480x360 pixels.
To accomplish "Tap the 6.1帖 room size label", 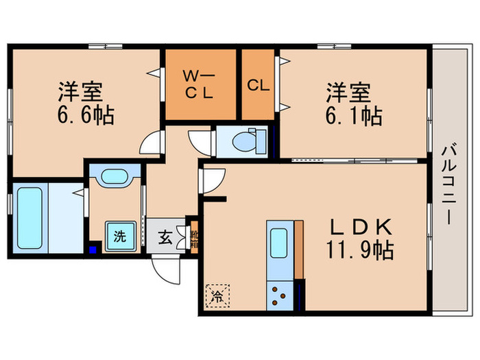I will coord(354,113).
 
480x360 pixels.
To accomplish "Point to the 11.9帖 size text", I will coord(359,251).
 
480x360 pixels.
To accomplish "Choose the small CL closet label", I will coord(258,85).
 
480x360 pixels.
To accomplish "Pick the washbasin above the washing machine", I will coord(114,178).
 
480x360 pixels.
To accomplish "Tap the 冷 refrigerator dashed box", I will coord(216,296).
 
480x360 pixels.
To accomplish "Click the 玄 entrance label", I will coord(167,237).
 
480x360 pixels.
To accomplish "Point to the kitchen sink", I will coord(279,243).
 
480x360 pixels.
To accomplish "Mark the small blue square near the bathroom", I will coord(93,249).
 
